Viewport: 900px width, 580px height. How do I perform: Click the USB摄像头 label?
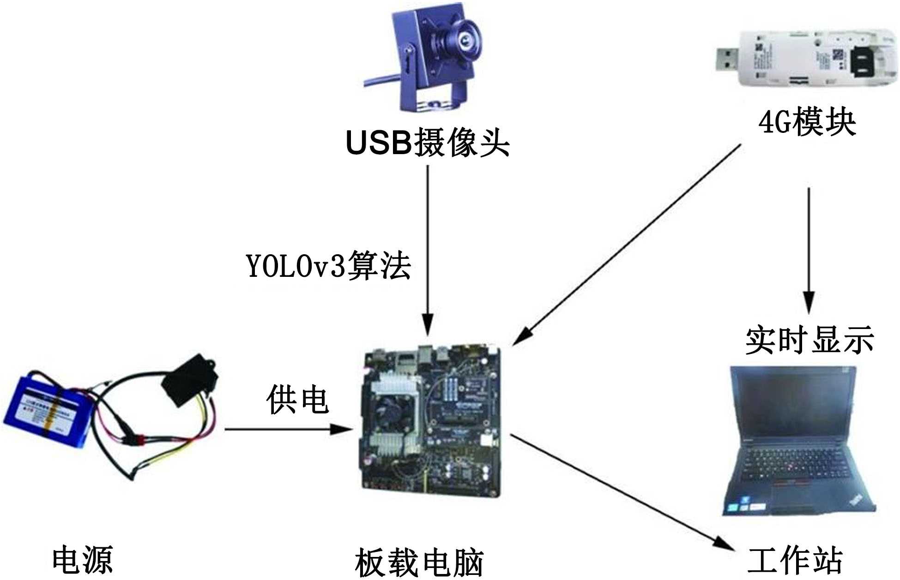(428, 143)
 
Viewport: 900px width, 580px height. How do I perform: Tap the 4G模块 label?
(807, 123)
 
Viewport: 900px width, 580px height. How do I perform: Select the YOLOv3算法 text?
(328, 266)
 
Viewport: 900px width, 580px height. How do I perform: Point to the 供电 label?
(297, 400)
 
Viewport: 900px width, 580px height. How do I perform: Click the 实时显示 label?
(809, 340)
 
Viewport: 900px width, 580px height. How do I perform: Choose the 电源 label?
(82, 559)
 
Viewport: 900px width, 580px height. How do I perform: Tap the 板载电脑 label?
(419, 562)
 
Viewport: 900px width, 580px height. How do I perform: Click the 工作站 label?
(795, 559)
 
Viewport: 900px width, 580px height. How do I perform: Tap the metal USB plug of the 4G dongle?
(727, 59)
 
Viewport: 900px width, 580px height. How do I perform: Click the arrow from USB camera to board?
(428, 249)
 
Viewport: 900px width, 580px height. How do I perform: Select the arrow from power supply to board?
(286, 430)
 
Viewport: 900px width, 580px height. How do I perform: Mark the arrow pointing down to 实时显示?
(808, 249)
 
